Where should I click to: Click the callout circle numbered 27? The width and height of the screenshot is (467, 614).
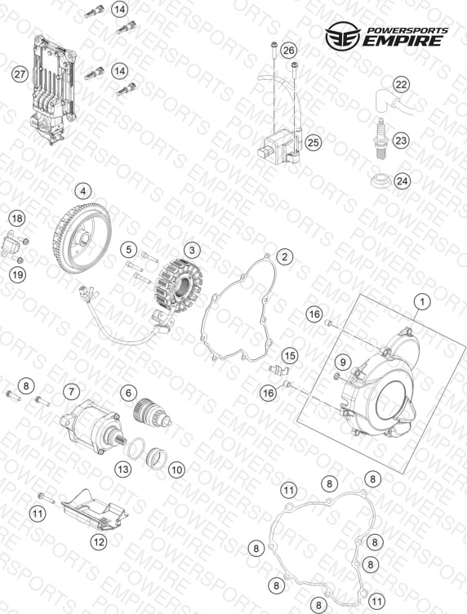tap(20, 74)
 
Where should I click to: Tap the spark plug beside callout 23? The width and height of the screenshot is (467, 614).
tap(381, 138)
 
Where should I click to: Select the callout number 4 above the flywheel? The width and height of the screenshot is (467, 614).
tap(83, 191)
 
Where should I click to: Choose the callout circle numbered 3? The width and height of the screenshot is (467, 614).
tap(192, 250)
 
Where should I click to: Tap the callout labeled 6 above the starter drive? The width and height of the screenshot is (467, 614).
tap(128, 393)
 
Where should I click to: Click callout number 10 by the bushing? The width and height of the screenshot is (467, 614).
tap(176, 469)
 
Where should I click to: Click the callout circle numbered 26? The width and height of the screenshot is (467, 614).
tap(288, 50)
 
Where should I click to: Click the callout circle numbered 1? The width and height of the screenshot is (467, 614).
tap(422, 302)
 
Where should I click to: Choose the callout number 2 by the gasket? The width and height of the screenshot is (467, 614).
tap(285, 256)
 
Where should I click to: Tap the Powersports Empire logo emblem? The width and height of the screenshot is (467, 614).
tap(343, 36)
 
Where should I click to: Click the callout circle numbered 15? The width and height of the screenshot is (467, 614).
tap(290, 355)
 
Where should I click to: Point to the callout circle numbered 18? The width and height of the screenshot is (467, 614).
tap(17, 218)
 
